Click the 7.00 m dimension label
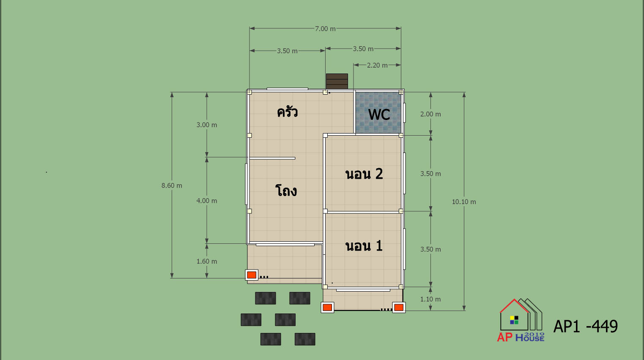(325, 29)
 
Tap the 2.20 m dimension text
(377, 65)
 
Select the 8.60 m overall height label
(172, 185)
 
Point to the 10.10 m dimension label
(464, 202)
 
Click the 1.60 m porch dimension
(207, 262)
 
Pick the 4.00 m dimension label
(207, 201)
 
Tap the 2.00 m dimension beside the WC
(430, 114)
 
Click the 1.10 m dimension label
(430, 299)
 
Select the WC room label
(379, 115)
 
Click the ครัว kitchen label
(287, 112)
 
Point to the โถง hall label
(286, 191)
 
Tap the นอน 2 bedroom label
(364, 174)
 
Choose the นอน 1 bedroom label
(364, 246)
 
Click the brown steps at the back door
(337, 81)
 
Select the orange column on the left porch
(252, 275)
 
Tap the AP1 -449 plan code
(585, 326)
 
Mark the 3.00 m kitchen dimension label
(207, 125)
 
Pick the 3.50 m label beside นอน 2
(430, 174)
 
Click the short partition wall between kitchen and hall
(272, 158)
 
